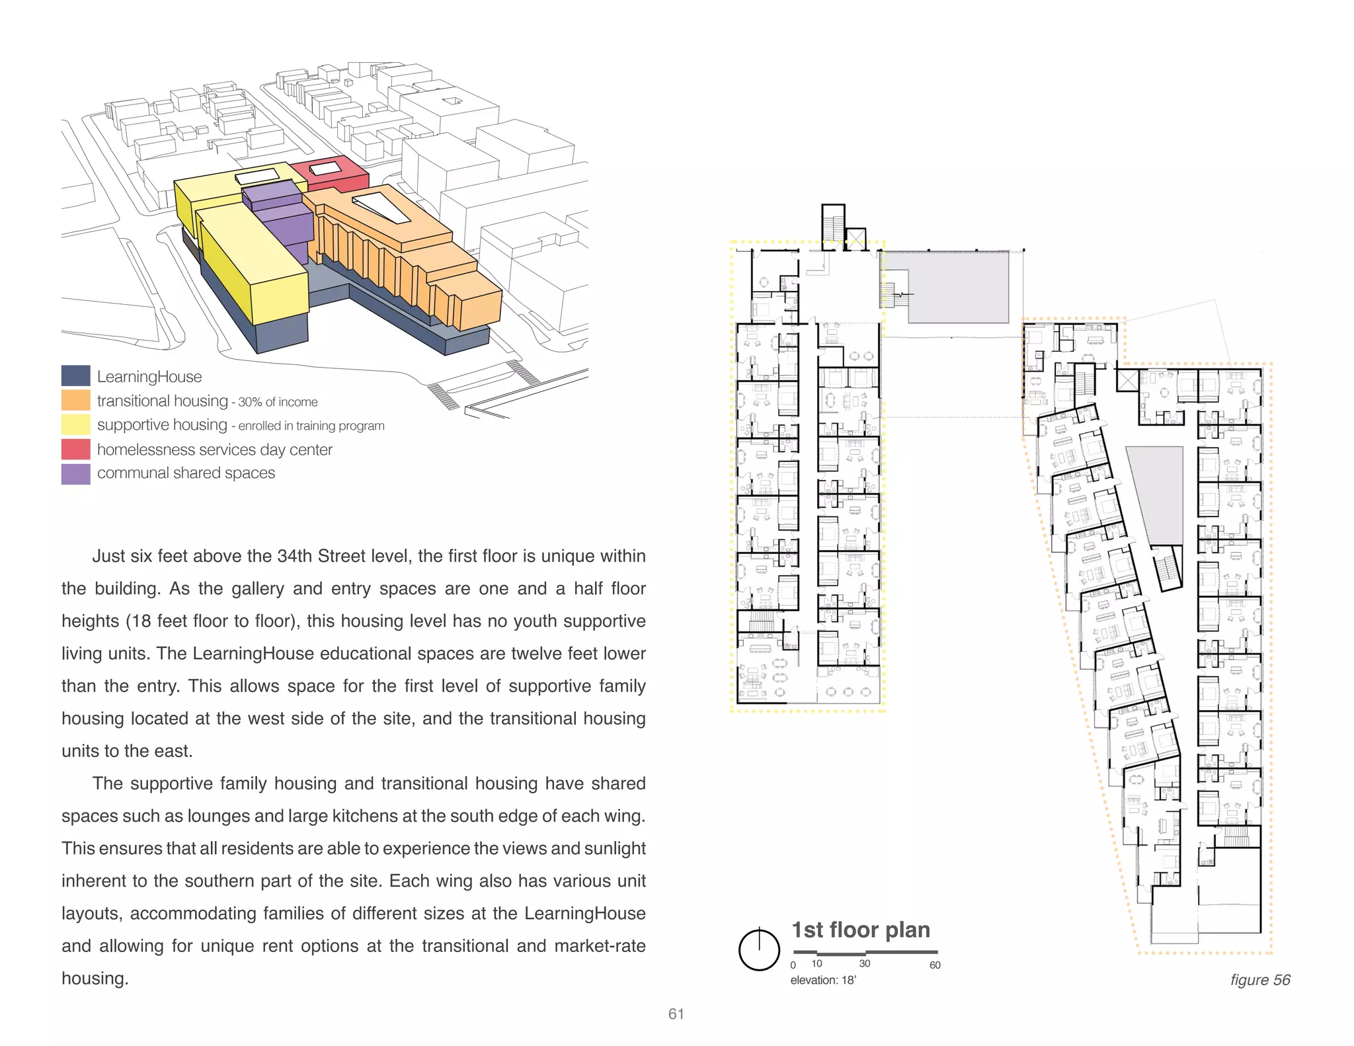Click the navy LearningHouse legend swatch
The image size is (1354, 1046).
[75, 376]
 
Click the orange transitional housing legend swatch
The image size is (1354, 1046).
[75, 400]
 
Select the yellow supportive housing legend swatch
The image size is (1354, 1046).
[75, 424]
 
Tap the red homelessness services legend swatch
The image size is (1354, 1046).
[75, 449]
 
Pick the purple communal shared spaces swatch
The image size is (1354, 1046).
[75, 473]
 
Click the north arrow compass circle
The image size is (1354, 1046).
[759, 950]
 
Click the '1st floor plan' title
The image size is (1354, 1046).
[861, 930]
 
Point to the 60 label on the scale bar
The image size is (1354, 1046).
[935, 965]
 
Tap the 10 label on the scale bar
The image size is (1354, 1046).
[817, 964]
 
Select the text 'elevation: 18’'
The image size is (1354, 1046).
[823, 981]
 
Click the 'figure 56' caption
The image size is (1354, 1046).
[1260, 980]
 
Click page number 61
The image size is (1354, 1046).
[676, 1014]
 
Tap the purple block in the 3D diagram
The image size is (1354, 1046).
[281, 221]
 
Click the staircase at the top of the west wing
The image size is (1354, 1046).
[833, 225]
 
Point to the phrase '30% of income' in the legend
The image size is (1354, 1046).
[278, 402]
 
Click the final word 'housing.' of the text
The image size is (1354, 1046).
[95, 979]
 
